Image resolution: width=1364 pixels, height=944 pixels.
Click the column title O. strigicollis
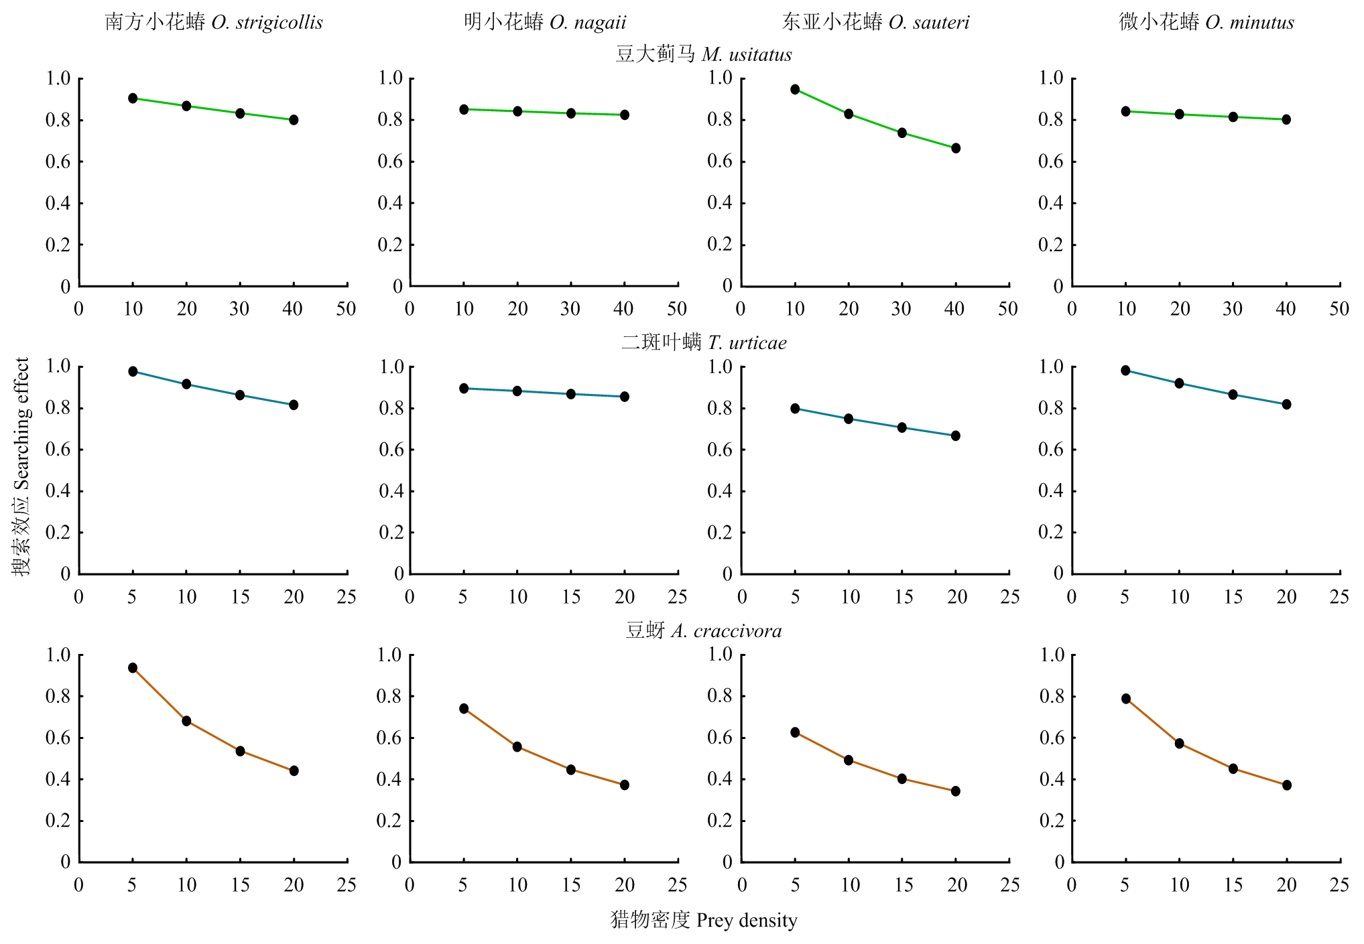click(214, 22)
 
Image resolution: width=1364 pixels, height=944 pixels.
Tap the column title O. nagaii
click(545, 22)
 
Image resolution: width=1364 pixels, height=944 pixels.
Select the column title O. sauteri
click(875, 22)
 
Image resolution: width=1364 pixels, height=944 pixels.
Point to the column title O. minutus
click(1206, 22)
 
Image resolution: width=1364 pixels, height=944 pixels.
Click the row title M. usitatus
click(704, 54)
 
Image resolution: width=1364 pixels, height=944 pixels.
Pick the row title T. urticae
click(704, 342)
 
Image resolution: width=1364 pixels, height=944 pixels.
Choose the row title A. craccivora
click(704, 630)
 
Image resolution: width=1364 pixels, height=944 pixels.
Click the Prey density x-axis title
click(704, 920)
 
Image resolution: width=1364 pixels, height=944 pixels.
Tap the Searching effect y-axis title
click(21, 466)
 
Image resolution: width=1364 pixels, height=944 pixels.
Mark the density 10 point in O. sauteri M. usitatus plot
click(795, 89)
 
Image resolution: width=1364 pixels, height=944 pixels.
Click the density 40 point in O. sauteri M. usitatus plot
click(956, 148)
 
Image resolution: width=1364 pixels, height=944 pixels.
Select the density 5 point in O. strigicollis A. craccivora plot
click(133, 668)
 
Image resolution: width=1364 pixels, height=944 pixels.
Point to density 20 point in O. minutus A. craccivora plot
click(1286, 785)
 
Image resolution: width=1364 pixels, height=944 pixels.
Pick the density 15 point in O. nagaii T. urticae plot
click(571, 394)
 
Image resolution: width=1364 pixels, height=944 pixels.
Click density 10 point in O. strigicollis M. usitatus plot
click(133, 98)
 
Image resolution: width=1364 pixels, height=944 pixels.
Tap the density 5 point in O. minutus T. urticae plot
click(1125, 370)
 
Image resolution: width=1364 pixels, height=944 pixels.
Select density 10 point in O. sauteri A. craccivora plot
click(849, 760)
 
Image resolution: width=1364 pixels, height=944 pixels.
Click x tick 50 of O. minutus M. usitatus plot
click(1339, 309)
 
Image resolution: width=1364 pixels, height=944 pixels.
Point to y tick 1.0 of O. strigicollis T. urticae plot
click(58, 366)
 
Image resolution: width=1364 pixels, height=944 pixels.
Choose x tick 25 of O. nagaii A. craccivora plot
click(678, 885)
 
